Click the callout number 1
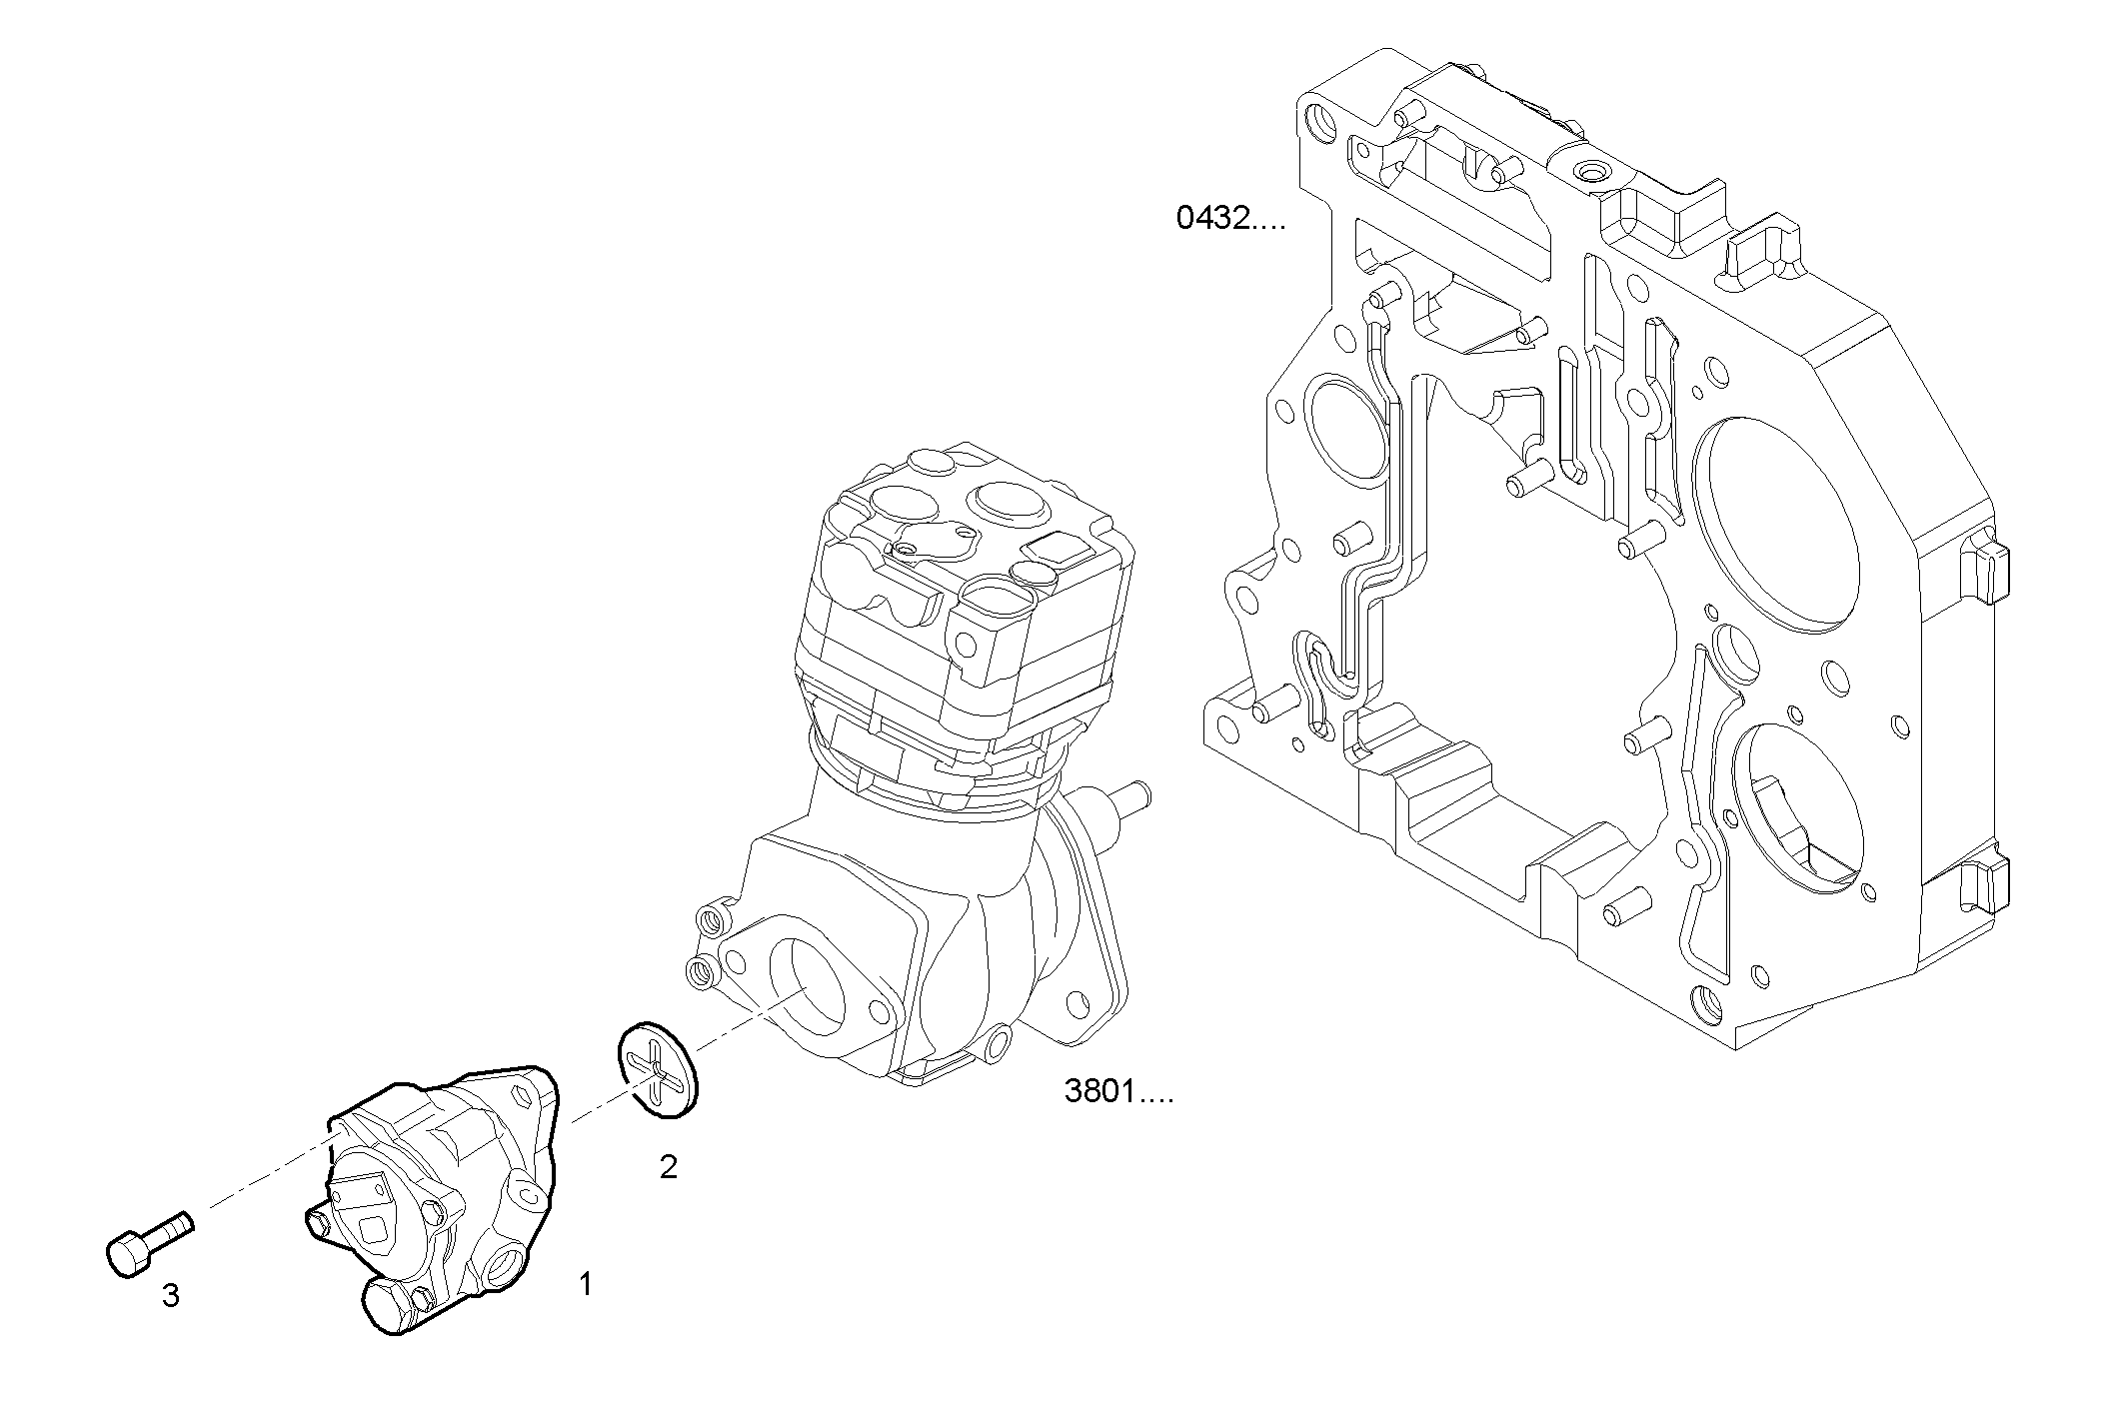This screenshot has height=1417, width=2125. point(586,1284)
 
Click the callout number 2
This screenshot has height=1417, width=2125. point(669,1166)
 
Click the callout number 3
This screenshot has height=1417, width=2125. point(171,1296)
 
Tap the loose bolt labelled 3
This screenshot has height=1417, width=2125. point(145,1245)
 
